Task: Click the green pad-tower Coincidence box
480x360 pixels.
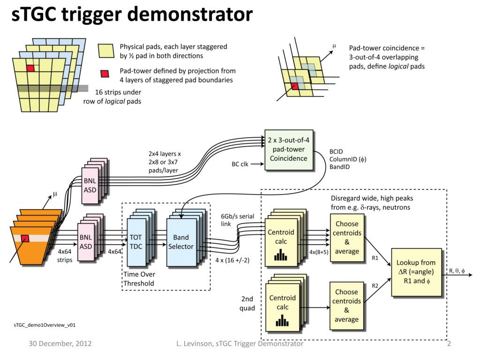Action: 289,150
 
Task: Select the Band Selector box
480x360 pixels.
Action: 181,242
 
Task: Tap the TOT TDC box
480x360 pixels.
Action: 136,242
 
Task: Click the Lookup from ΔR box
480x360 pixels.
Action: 416,272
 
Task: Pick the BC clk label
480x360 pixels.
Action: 240,164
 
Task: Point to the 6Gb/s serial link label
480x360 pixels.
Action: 238,220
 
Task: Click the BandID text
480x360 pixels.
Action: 339,167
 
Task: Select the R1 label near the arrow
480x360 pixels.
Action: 375,258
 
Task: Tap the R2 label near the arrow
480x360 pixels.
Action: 375,285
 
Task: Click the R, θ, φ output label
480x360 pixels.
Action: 457,270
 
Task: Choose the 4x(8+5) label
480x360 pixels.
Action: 319,252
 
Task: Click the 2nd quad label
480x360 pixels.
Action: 247,303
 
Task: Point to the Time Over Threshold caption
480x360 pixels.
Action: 139,279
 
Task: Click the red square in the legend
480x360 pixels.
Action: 105,74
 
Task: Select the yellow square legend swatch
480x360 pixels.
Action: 106,51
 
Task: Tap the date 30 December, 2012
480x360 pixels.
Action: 60,344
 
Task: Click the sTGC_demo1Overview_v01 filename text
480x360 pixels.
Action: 45,325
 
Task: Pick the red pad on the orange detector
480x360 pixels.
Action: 25,238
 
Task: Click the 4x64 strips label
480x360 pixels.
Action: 65,255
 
